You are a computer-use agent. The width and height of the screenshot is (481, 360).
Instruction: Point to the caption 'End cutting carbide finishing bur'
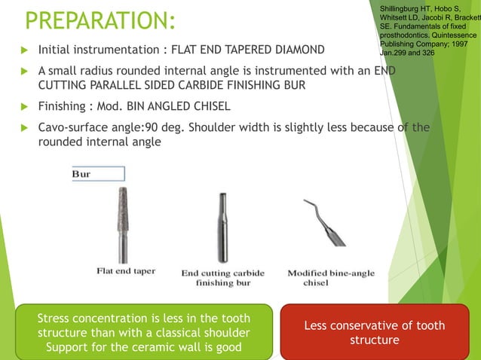coord(222,278)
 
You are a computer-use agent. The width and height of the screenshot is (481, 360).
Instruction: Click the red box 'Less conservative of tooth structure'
coord(374,332)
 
